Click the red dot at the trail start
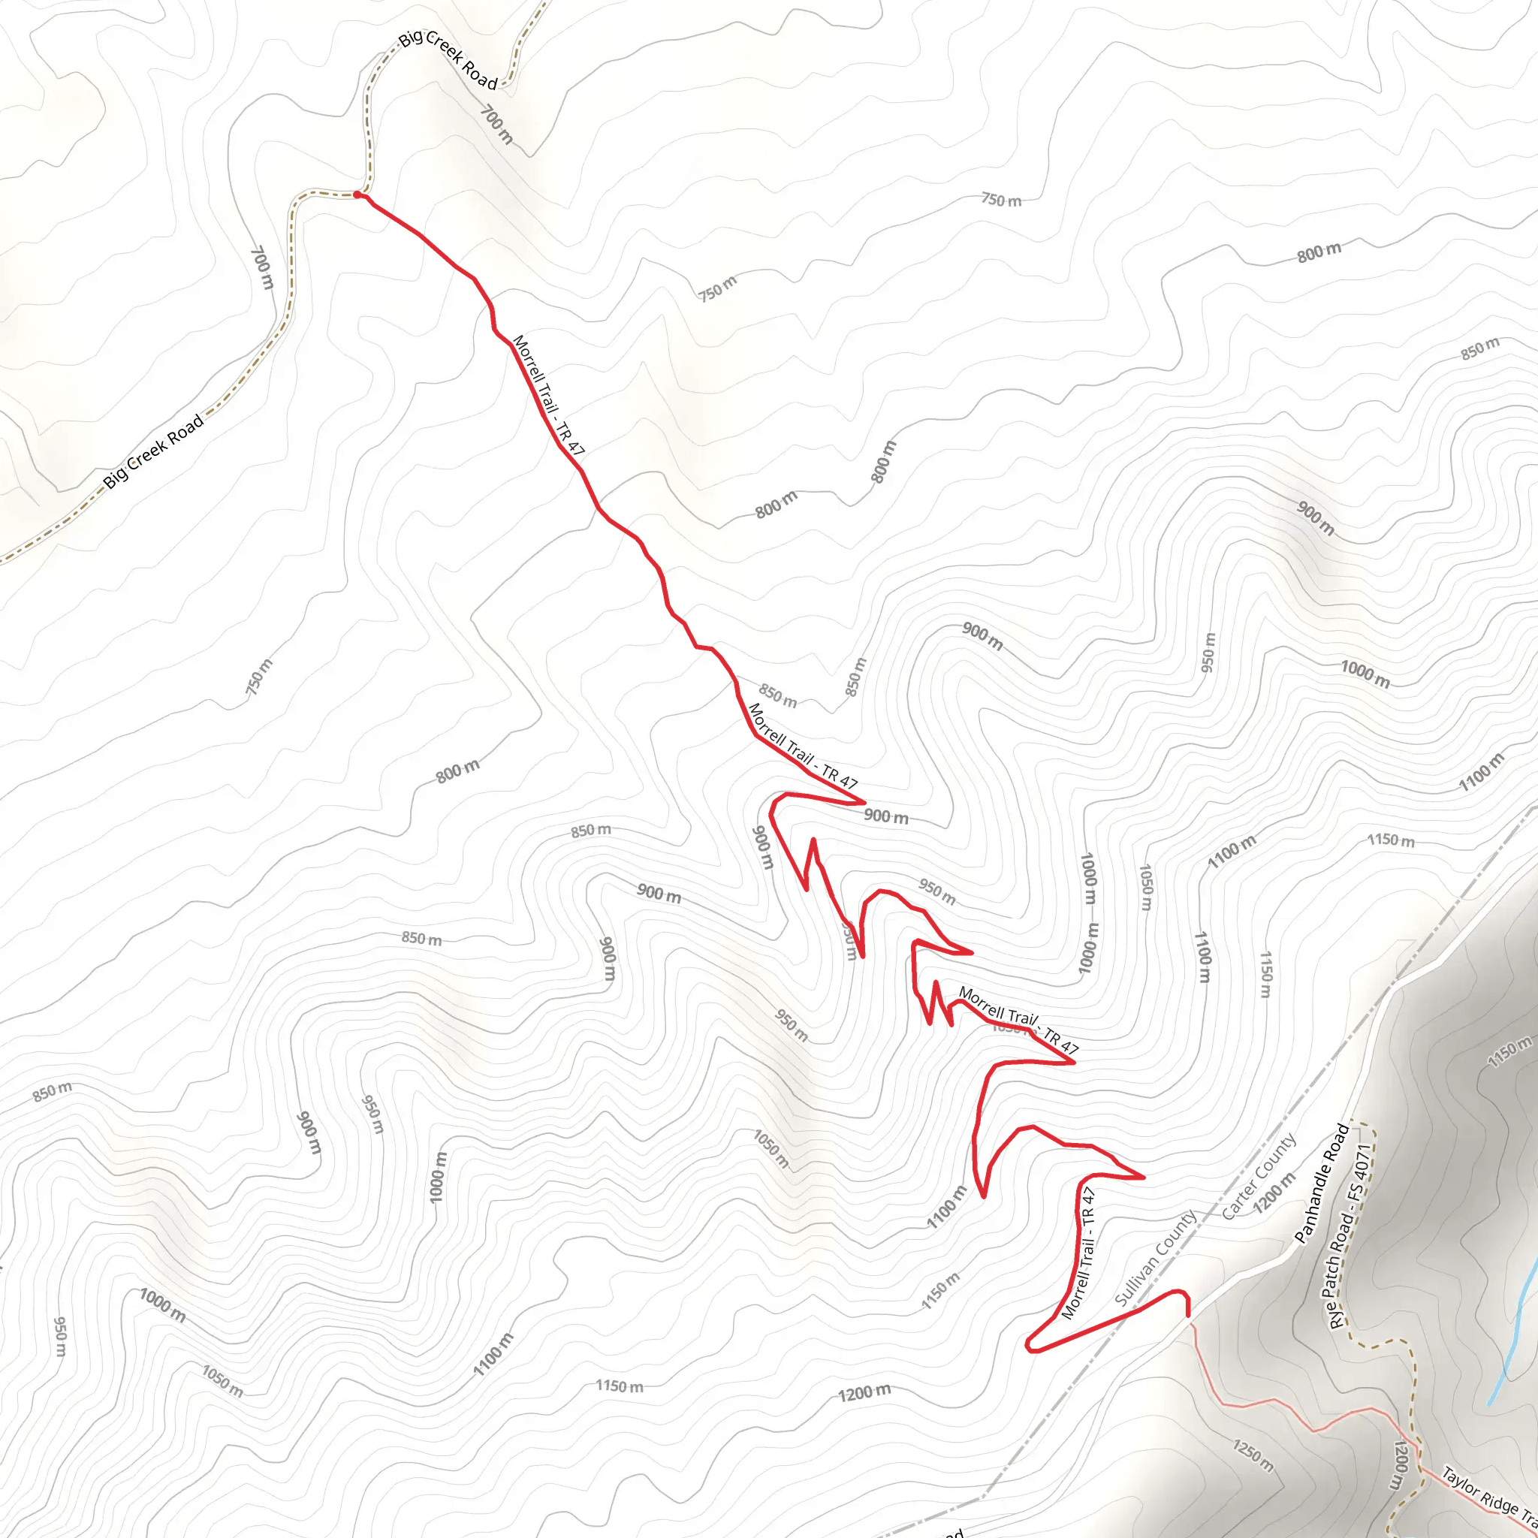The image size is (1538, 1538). pyautogui.click(x=357, y=195)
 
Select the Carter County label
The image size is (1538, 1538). pyautogui.click(x=1259, y=1176)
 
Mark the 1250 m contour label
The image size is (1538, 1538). pyautogui.click(x=1253, y=1455)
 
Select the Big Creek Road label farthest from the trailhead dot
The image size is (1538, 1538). pyautogui.click(x=153, y=451)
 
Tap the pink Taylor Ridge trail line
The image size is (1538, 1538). pyautogui.click(x=1274, y=1401)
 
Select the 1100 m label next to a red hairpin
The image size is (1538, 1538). pyautogui.click(x=945, y=1207)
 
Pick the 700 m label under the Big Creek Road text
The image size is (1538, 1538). pyautogui.click(x=496, y=125)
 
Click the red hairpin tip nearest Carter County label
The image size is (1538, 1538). pyautogui.click(x=1144, y=1177)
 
